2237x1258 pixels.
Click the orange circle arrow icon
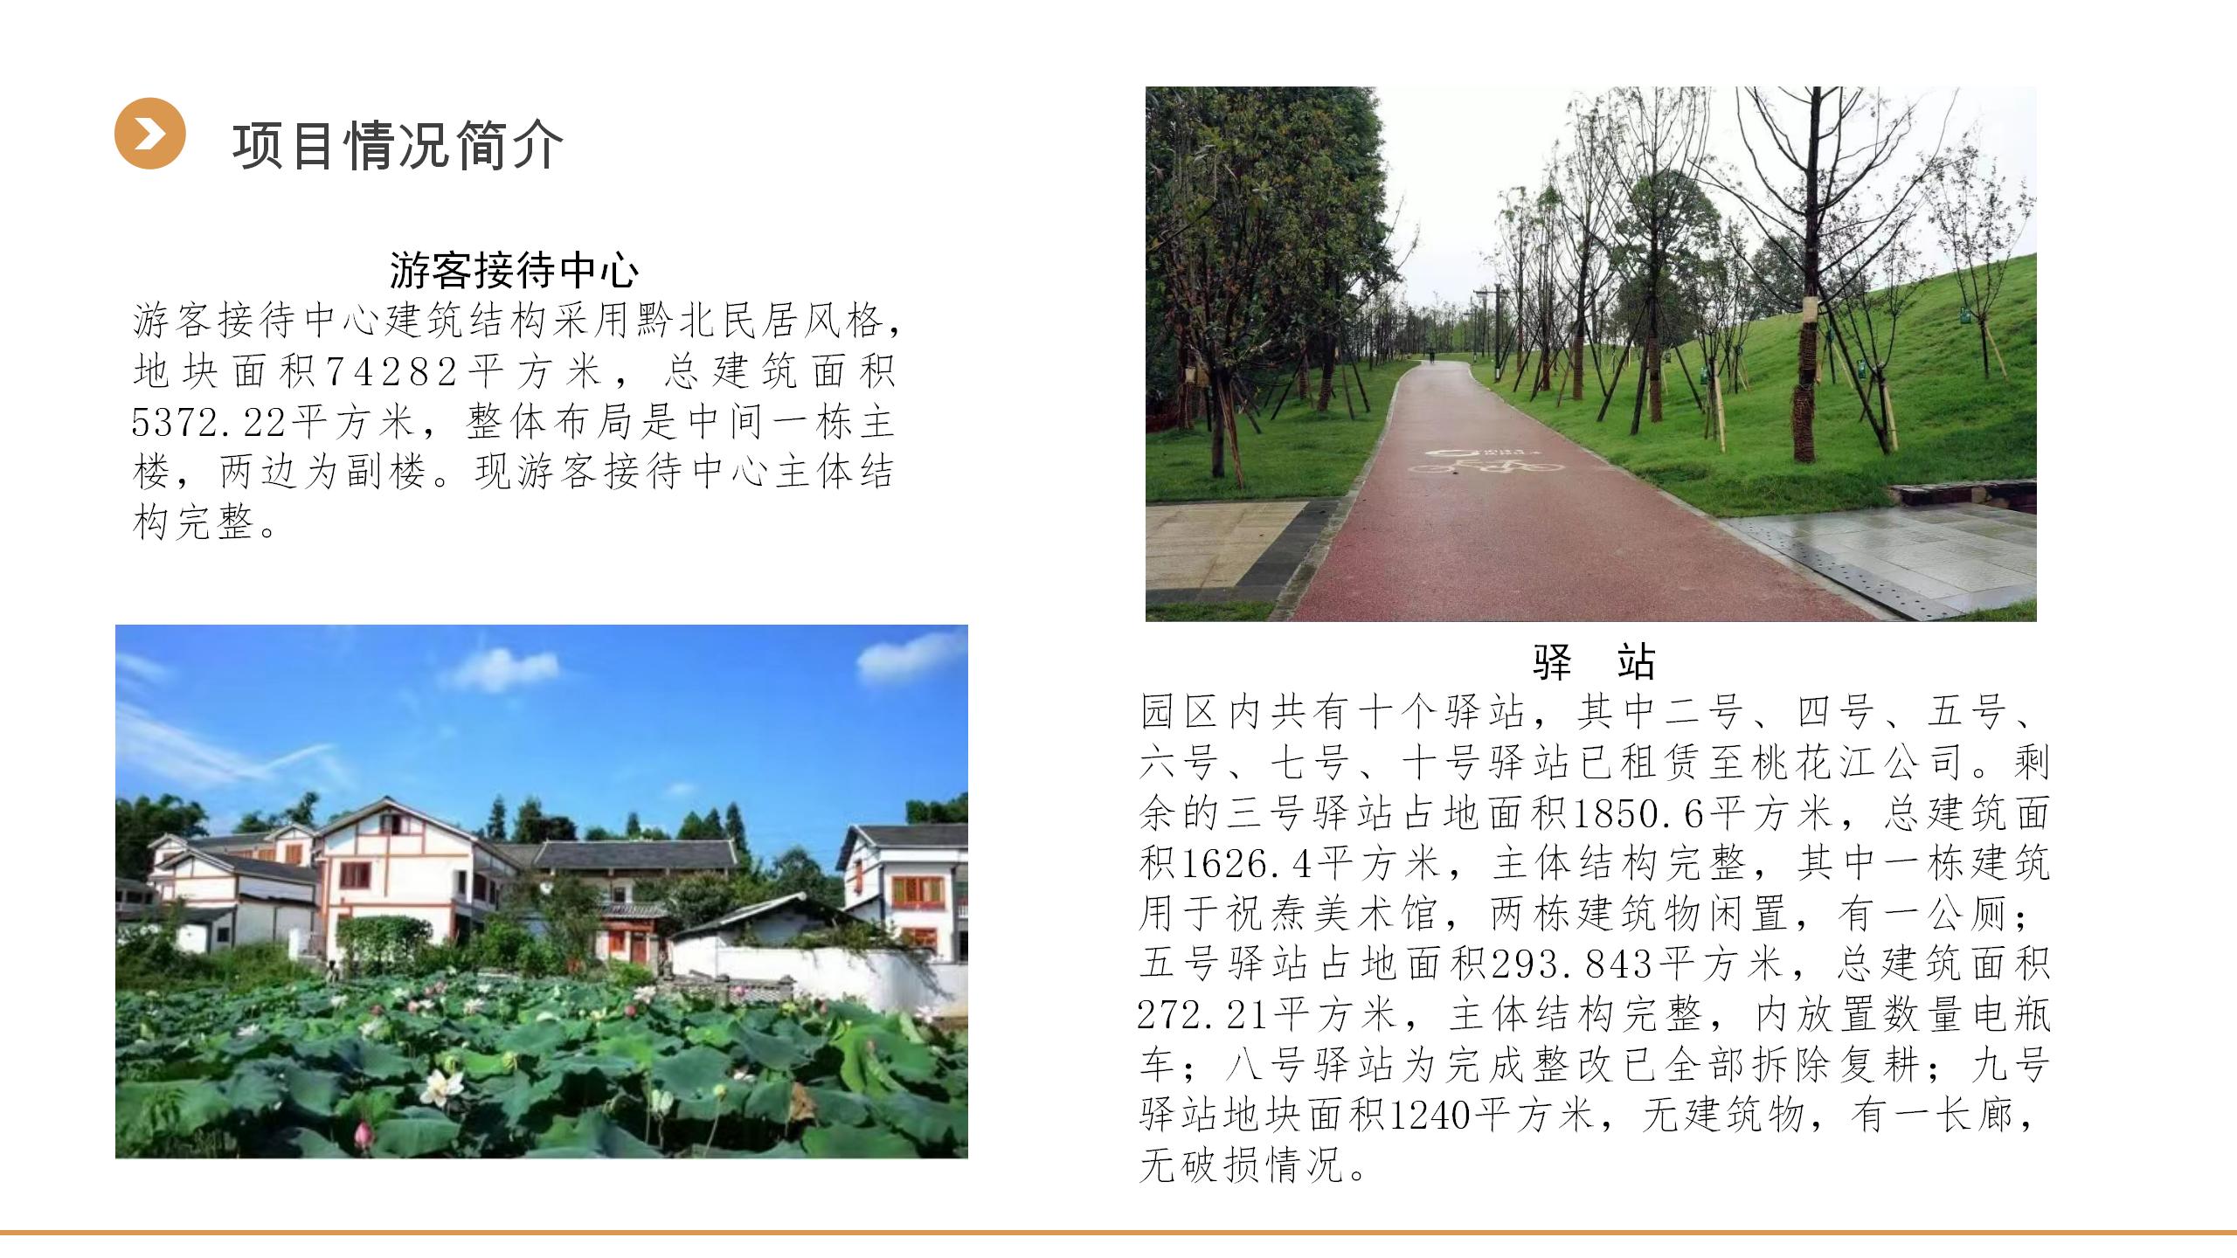pyautogui.click(x=149, y=133)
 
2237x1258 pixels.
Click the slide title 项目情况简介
pyautogui.click(x=398, y=145)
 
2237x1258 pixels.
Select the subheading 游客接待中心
pyautogui.click(x=514, y=270)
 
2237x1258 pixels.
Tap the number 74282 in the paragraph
pyautogui.click(x=392, y=372)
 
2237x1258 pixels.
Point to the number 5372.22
pyautogui.click(x=209, y=423)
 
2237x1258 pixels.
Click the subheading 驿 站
pyautogui.click(x=1594, y=661)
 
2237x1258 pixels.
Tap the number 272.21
pyautogui.click(x=1204, y=1014)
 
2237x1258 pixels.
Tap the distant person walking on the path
pyautogui.click(x=1432, y=356)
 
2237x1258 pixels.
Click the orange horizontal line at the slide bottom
pyautogui.click(x=1118, y=1233)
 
